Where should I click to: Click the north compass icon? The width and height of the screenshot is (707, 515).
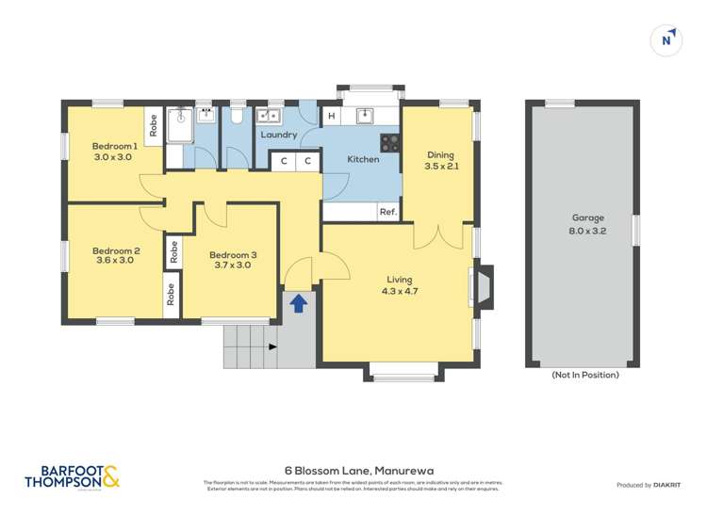click(x=667, y=40)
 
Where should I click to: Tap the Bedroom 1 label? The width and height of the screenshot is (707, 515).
click(x=114, y=146)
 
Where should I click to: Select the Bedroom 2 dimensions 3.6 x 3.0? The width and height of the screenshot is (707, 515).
click(x=114, y=261)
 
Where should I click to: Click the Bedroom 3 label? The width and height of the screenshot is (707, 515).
click(x=232, y=255)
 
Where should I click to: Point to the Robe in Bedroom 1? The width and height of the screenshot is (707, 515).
click(x=152, y=125)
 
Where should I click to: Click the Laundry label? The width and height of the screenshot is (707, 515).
click(x=279, y=135)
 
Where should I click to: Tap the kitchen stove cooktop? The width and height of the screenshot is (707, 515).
click(x=389, y=142)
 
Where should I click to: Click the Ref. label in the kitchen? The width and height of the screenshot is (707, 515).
click(x=387, y=212)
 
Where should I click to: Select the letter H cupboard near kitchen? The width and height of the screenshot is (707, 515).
click(x=331, y=117)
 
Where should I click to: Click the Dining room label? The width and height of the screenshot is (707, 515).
click(x=440, y=155)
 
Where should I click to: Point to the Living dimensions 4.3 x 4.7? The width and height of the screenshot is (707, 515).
click(x=401, y=292)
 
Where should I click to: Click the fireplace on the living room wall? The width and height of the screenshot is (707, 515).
click(x=482, y=288)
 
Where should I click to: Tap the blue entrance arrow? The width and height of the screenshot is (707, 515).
click(x=299, y=303)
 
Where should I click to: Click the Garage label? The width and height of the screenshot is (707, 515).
click(x=587, y=217)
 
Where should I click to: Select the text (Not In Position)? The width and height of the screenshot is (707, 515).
click(x=585, y=375)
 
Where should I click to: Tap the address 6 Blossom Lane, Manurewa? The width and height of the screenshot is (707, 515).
click(x=353, y=468)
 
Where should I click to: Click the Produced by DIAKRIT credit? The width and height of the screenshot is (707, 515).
click(x=648, y=485)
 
